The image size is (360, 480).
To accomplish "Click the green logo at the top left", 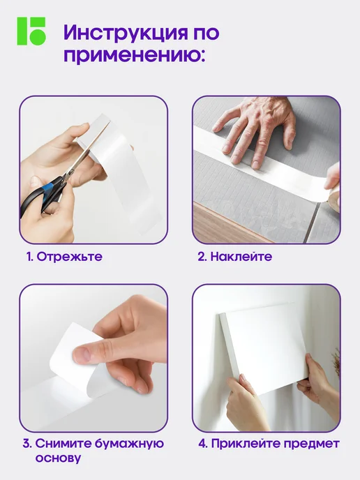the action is click(31, 31).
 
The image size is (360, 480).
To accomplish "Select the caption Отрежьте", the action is click(70, 257).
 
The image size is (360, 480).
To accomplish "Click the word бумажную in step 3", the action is click(129, 444).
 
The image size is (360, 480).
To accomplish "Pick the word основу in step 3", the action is click(58, 458).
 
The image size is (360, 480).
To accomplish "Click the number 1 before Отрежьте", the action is click(30, 257).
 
